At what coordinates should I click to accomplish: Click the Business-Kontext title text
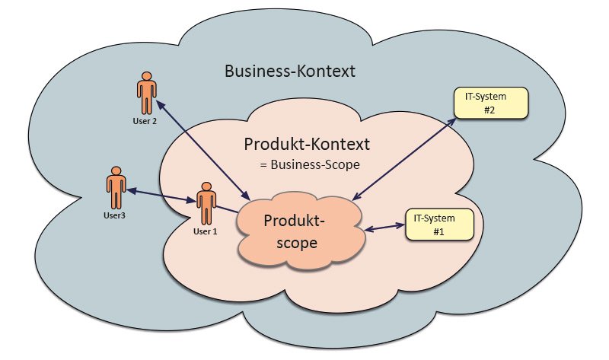292,72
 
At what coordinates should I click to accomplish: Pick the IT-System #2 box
490,103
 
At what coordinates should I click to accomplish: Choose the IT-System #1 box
438,224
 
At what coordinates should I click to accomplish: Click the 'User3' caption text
114,216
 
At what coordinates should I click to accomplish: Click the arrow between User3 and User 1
161,196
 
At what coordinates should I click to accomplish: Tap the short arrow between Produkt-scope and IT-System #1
384,227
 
